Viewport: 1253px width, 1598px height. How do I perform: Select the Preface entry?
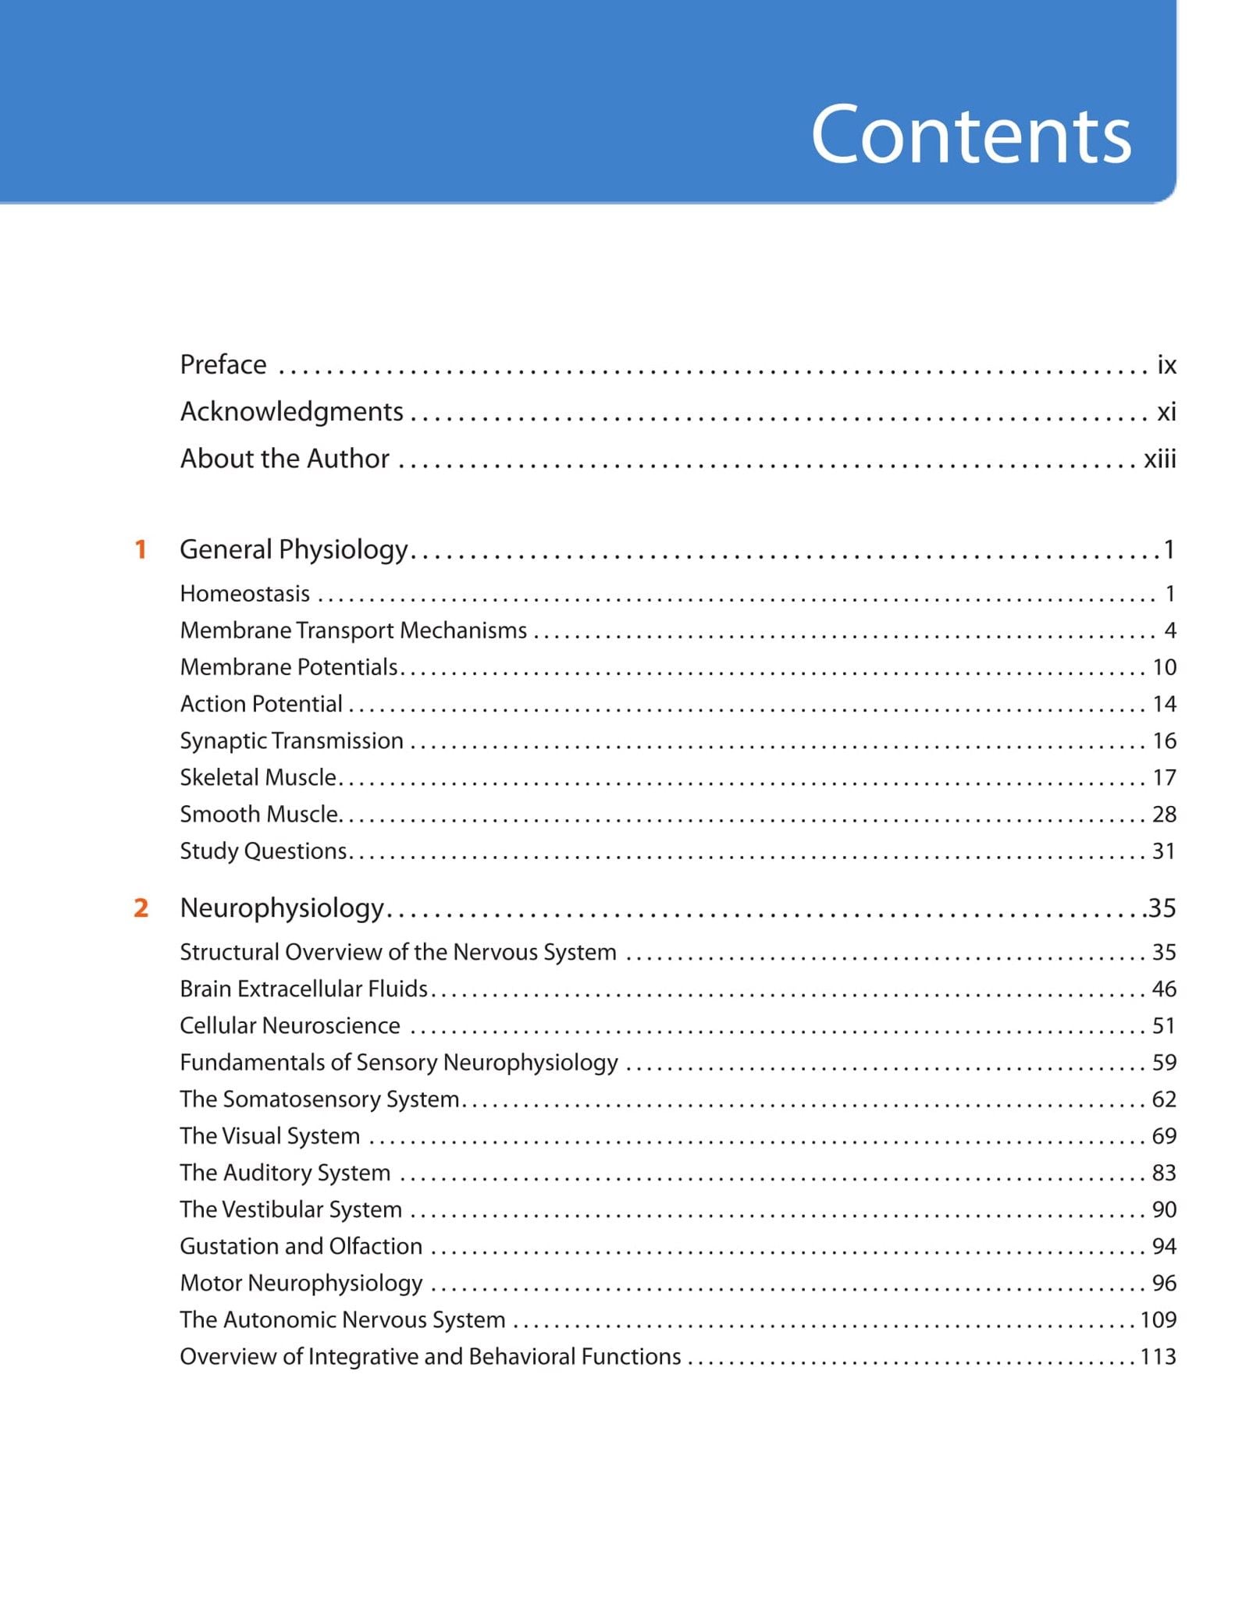(223, 364)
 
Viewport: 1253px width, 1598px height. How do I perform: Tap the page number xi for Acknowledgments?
(1166, 411)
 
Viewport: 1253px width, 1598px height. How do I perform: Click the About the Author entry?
(285, 459)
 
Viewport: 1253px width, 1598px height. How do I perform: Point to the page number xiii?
(1159, 459)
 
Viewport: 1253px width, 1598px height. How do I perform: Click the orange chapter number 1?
(141, 549)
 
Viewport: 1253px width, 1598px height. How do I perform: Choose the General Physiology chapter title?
(294, 549)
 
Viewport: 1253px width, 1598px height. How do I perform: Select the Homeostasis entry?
(245, 594)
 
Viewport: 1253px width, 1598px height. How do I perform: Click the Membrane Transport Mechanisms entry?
(354, 630)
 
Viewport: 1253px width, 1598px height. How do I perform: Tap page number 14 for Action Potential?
(1164, 704)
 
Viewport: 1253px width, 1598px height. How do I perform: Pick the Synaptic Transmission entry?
(292, 740)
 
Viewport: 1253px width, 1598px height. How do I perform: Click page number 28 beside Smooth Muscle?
(1164, 814)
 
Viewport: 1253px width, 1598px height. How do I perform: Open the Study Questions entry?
(263, 850)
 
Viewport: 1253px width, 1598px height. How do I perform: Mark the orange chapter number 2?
(141, 907)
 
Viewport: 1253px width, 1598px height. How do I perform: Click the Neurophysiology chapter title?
(282, 907)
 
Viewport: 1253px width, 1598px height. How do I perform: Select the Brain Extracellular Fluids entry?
(304, 989)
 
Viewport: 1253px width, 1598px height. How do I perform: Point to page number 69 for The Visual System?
(1164, 1136)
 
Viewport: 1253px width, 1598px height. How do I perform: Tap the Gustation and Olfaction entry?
(301, 1246)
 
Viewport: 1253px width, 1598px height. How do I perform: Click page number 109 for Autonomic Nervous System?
(1158, 1319)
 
